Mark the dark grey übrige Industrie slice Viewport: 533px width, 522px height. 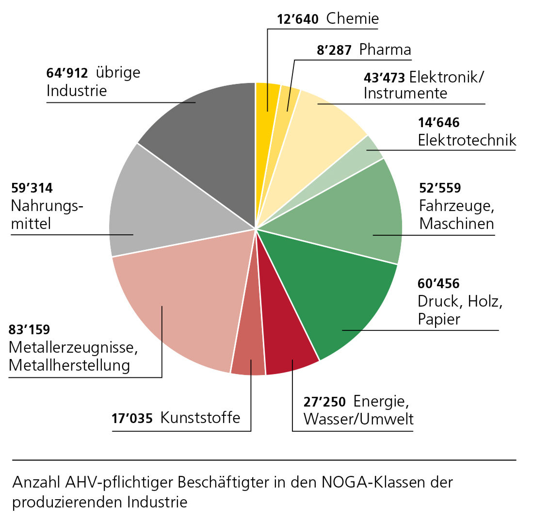tap(204, 131)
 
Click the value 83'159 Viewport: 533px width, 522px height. tap(29, 330)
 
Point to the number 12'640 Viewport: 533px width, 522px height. tap(297, 20)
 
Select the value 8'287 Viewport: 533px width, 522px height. tap(334, 50)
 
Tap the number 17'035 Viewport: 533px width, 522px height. tap(131, 418)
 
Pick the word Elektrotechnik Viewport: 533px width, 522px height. tap(467, 141)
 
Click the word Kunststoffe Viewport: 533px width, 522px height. tap(200, 418)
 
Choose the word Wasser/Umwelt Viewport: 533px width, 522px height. tap(358, 419)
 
